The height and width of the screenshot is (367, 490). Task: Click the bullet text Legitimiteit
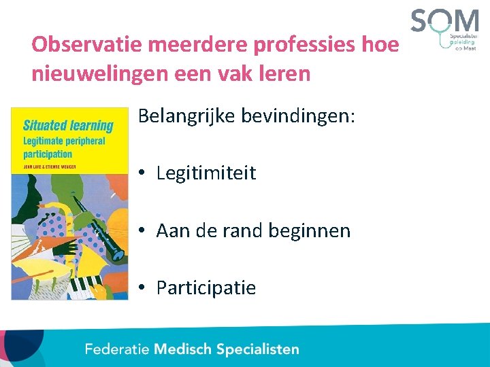[x=206, y=173]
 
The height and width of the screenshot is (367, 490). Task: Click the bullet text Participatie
[x=206, y=288]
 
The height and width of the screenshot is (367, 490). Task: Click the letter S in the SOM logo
[x=424, y=21]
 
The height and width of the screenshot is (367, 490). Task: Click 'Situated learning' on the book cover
[x=68, y=125]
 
